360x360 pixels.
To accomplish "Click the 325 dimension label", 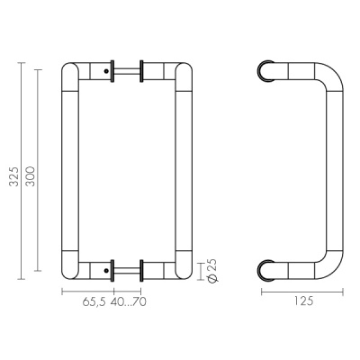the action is [13, 176].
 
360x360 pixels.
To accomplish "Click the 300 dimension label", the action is [31, 176].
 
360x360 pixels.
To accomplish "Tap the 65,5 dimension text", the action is [94, 301].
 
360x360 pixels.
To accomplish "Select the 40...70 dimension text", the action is [129, 301].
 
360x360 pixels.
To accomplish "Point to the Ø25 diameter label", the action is [212, 270].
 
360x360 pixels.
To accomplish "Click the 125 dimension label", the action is [303, 301].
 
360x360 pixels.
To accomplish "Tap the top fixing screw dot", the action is [106, 71].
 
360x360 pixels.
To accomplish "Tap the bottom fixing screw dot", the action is [106, 270].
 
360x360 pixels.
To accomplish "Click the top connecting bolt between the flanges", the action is [126, 71].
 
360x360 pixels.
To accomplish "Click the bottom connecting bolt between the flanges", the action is [126, 270].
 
